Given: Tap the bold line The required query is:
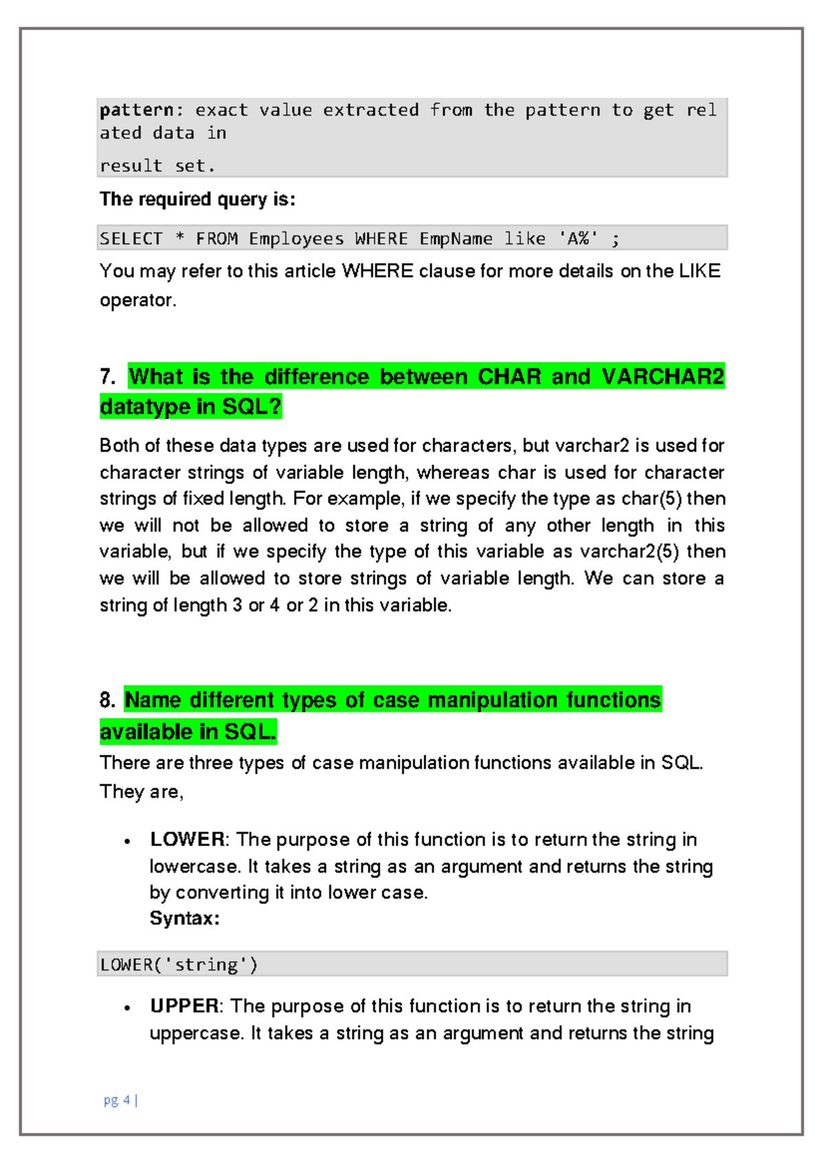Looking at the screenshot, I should (197, 199).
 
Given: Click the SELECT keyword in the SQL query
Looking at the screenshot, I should (131, 239).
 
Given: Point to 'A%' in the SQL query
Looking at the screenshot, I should (578, 239).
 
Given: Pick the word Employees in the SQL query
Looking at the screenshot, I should (296, 239).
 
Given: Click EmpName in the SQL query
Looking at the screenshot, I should (456, 239).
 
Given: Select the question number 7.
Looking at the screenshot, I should (107, 377).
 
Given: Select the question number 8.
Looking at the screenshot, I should (107, 700).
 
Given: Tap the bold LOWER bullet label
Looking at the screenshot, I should (187, 839).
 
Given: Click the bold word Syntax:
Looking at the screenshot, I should (184, 918).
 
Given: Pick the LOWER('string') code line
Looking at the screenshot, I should (179, 965).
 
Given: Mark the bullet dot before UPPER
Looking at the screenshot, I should (127, 1008).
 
